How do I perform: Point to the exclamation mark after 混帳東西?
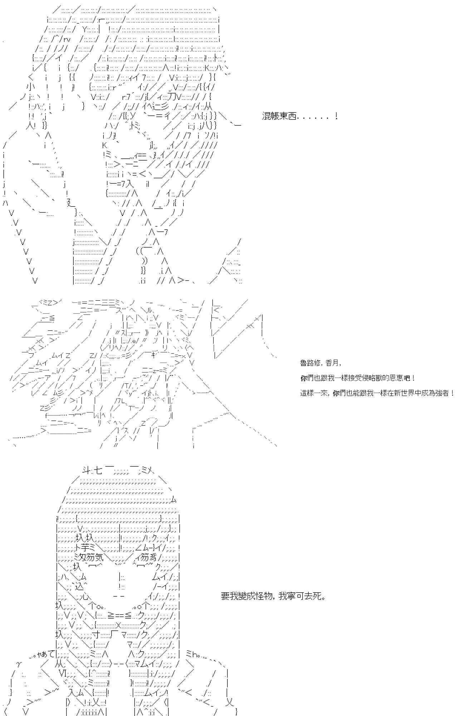pos(336,116)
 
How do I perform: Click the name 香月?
pos(332,363)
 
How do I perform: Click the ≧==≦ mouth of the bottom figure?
pos(121,615)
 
